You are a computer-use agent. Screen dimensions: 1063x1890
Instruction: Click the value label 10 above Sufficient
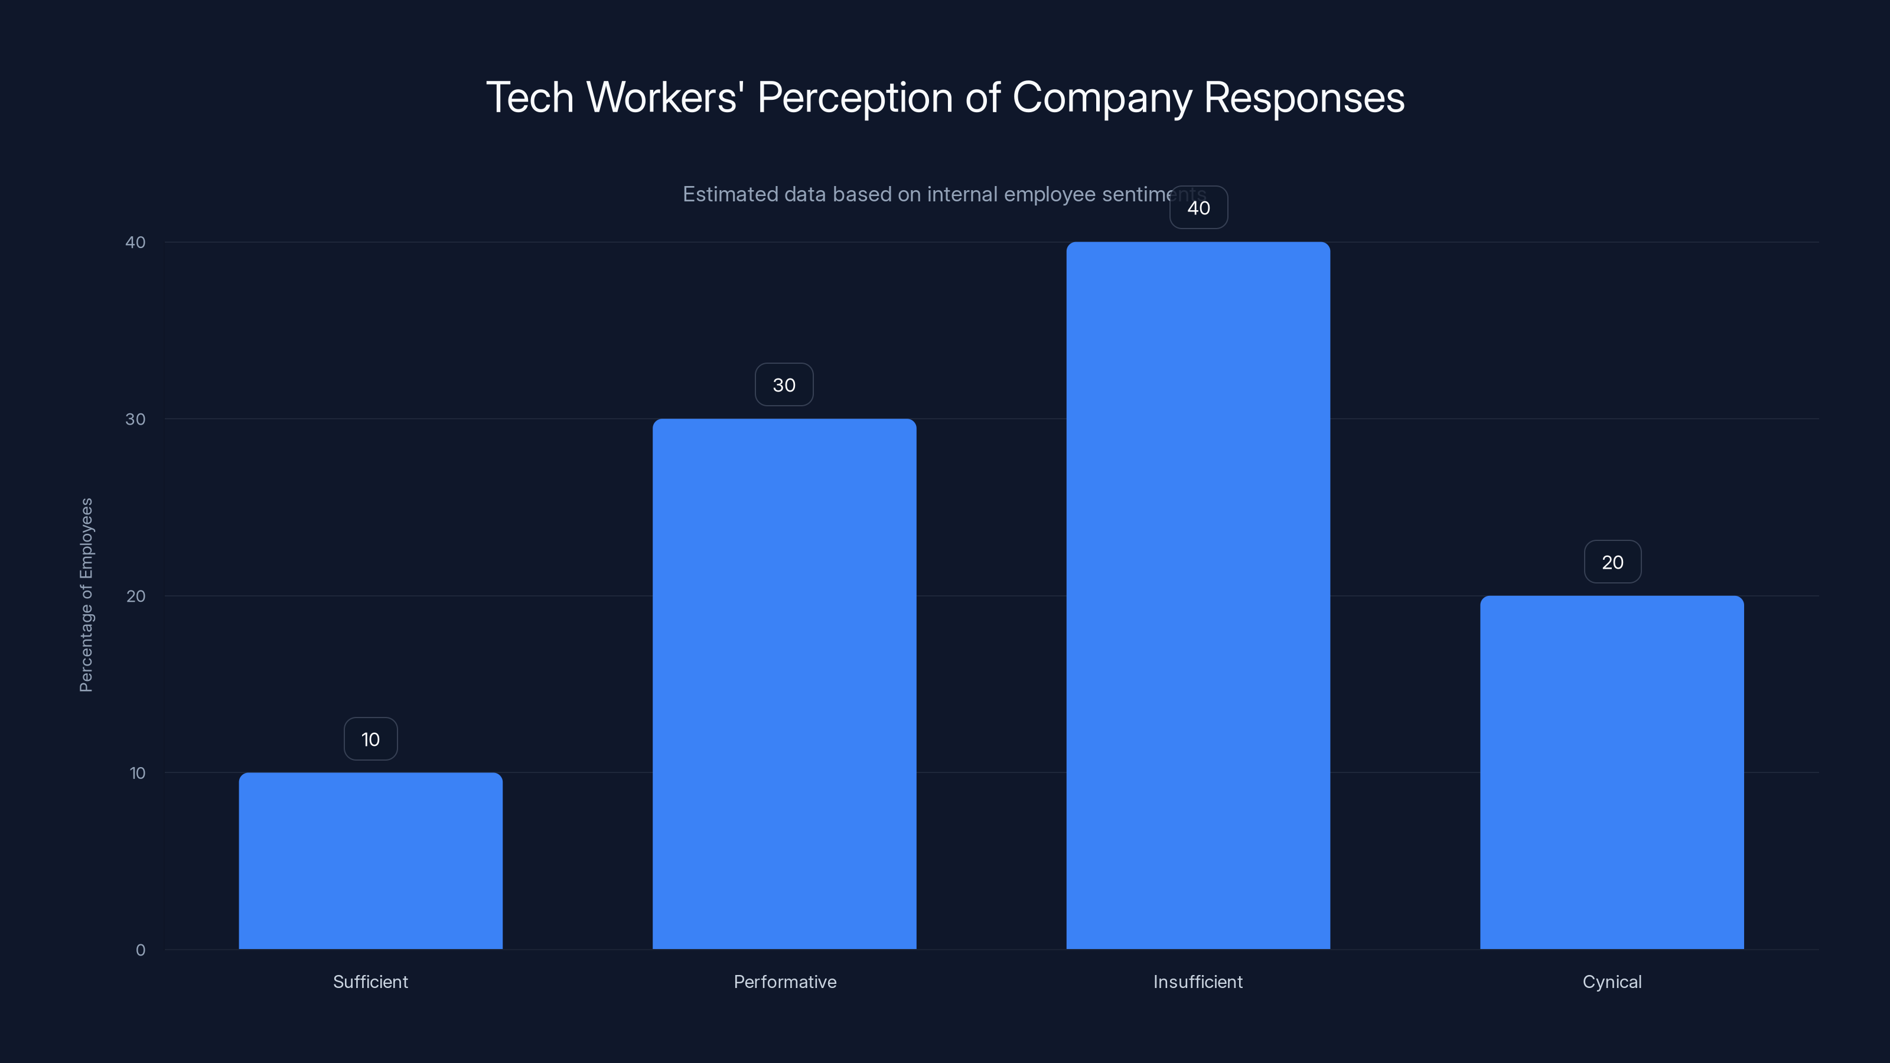(370, 739)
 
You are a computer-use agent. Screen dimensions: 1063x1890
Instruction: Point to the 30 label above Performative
(784, 384)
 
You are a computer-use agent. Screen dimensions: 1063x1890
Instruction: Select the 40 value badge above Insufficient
(1198, 208)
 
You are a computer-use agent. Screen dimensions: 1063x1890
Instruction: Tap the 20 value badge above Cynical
(1612, 562)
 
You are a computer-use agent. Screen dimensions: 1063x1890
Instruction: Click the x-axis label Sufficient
(370, 982)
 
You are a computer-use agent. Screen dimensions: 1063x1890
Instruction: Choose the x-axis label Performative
(784, 982)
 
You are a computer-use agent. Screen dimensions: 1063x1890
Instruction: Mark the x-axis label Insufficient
(1198, 982)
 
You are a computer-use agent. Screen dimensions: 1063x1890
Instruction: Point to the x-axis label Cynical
(1612, 982)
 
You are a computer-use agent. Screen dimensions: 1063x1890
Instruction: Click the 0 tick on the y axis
(140, 950)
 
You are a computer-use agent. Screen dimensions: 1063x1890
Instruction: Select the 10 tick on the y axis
(137, 773)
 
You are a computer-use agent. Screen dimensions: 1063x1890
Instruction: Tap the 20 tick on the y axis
(136, 596)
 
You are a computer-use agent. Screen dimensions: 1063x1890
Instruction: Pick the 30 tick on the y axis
(136, 419)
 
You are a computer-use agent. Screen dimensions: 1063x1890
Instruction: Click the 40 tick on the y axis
(136, 242)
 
